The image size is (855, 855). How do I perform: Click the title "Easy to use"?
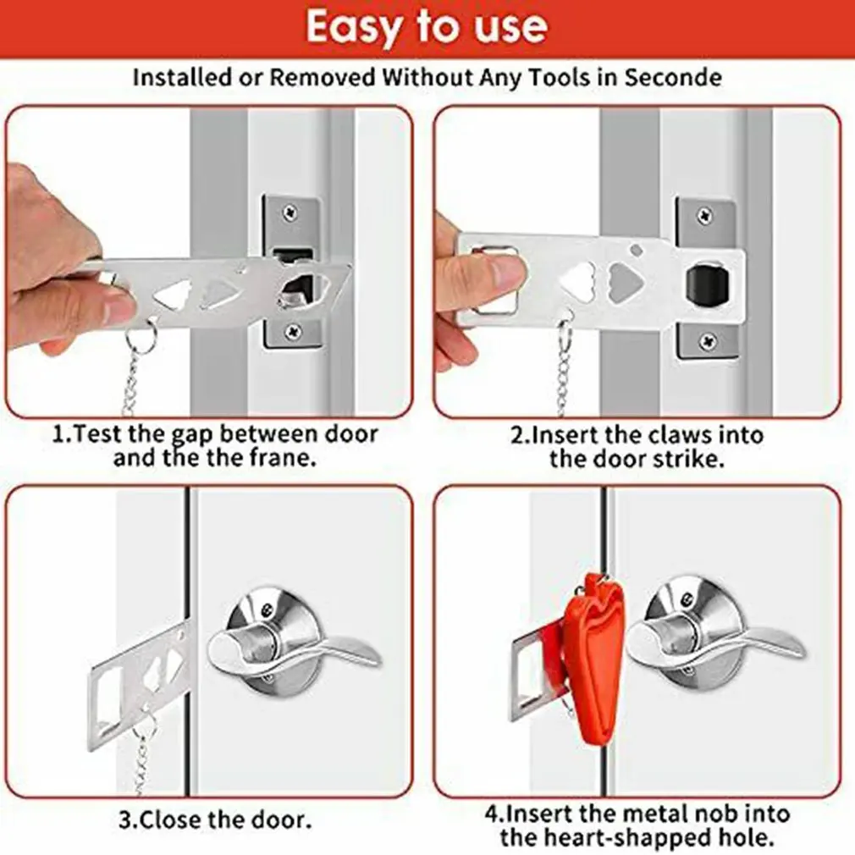point(427,27)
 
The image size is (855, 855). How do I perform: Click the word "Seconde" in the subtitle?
point(673,77)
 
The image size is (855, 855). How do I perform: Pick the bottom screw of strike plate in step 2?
point(707,341)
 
